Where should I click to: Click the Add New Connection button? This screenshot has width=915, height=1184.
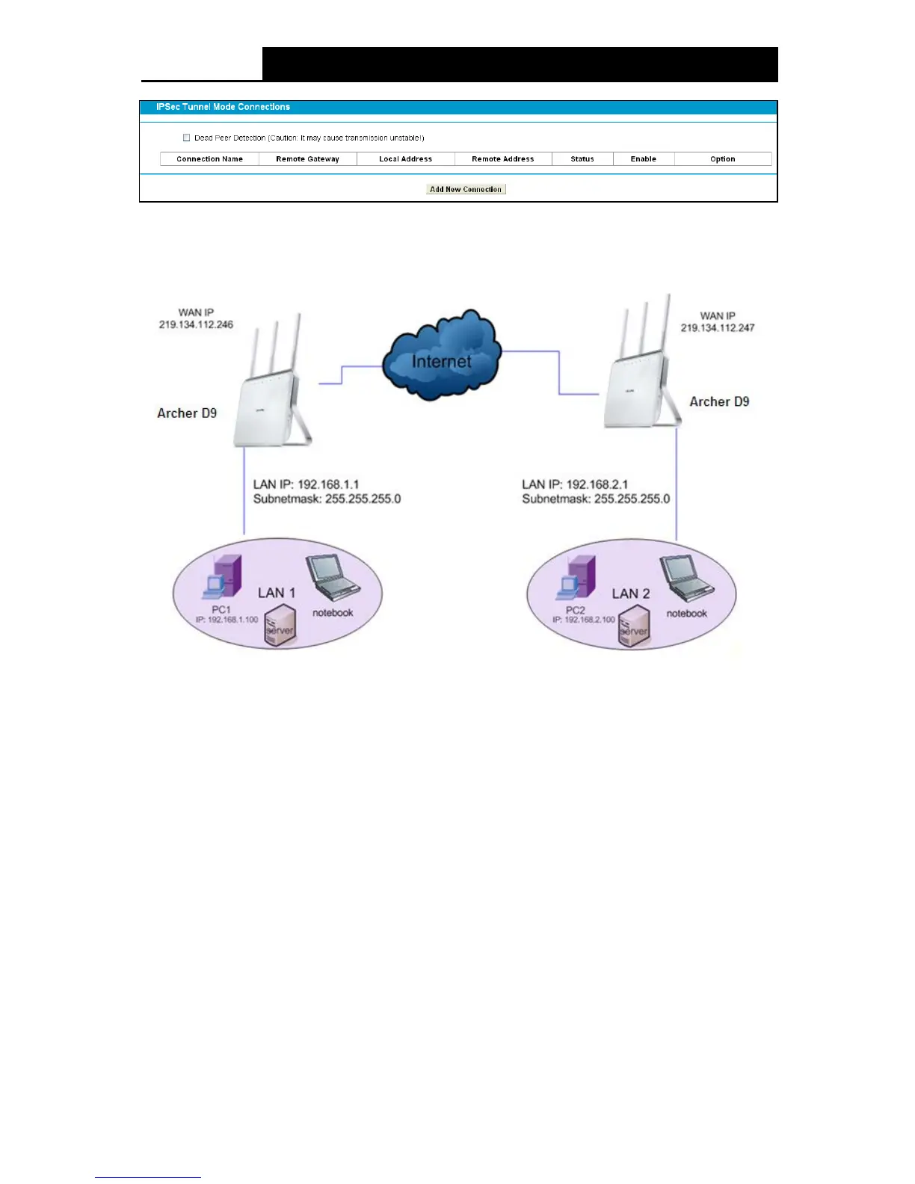pos(466,189)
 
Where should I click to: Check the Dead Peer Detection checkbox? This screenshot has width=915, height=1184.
pos(187,138)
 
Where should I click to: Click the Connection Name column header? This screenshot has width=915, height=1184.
pos(209,158)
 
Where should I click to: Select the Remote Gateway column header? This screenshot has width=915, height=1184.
pos(307,158)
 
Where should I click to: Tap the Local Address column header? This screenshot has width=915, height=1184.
pos(405,158)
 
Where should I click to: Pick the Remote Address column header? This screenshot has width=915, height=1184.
pos(502,158)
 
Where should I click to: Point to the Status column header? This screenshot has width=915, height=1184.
pos(582,158)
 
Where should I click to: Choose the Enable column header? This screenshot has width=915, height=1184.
pos(643,158)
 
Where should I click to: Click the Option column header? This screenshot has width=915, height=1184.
pos(722,158)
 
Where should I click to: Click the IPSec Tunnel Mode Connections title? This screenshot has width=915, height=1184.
pos(223,107)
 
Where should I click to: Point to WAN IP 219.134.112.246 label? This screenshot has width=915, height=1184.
pos(196,318)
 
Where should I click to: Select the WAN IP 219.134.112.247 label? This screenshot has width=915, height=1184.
pos(718,321)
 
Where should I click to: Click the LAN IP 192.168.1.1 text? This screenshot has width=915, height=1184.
pos(306,484)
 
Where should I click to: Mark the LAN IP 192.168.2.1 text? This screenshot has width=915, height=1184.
pos(575,484)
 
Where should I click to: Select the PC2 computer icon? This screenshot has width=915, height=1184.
pos(576,577)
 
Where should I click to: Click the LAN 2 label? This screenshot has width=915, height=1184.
pos(631,593)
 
